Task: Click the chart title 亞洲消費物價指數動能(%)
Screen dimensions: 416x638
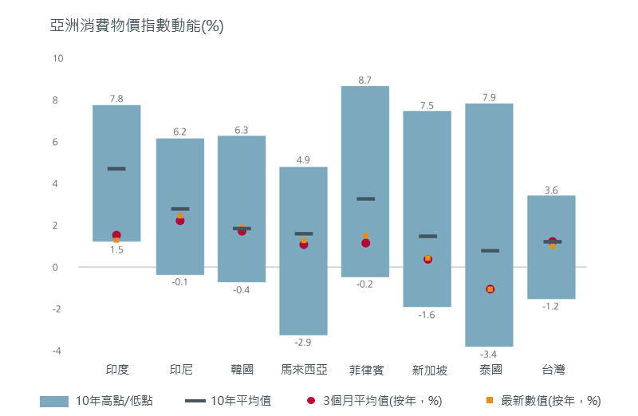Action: click(136, 26)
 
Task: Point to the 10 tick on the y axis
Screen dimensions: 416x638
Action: click(57, 59)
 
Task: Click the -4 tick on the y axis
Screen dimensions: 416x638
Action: click(57, 351)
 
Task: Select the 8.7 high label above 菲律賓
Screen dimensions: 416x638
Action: click(365, 80)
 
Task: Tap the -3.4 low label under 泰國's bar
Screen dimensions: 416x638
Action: click(489, 354)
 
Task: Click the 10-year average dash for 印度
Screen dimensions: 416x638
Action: click(116, 169)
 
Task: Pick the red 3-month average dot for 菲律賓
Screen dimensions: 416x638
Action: click(365, 243)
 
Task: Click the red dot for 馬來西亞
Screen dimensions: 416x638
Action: click(304, 245)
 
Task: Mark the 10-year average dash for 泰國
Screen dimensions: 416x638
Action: click(490, 251)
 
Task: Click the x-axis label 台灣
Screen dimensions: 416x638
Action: click(553, 370)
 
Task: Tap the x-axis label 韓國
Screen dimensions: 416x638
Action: click(242, 370)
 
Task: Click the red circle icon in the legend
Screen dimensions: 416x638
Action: click(310, 400)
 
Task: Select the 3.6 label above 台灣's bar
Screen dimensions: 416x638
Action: click(551, 190)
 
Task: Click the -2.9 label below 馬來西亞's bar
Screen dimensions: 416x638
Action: click(303, 343)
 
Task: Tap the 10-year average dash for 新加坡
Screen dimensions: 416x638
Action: click(427, 237)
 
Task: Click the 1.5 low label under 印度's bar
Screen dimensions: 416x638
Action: click(116, 250)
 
